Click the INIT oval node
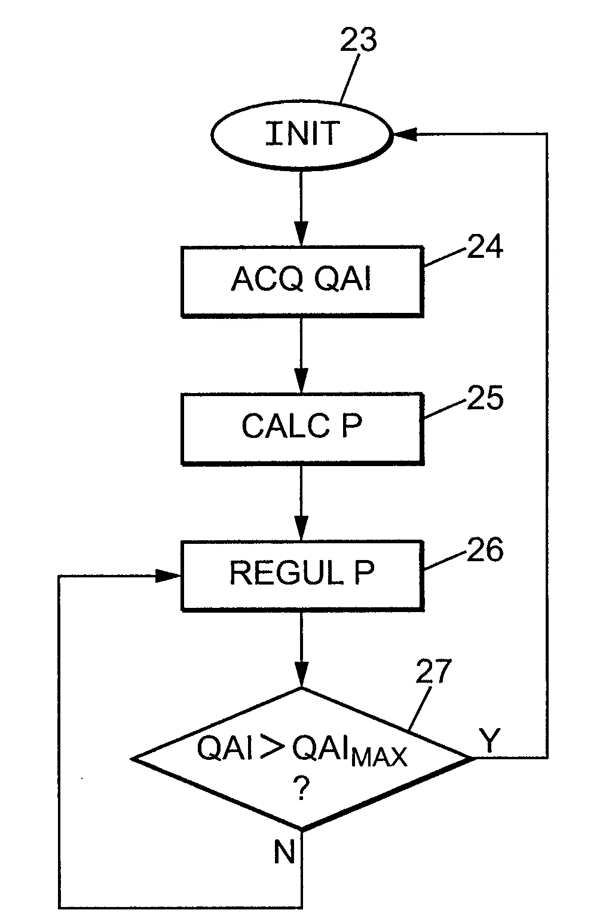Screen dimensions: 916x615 [302, 134]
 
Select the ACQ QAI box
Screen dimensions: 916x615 [302, 280]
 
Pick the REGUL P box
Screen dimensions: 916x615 [302, 574]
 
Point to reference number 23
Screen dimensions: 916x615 [359, 41]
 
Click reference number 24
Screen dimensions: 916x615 [485, 247]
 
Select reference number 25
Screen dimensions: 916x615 [485, 398]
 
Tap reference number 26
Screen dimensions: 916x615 [485, 550]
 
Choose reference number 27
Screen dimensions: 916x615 [434, 672]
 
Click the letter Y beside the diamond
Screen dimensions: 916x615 [489, 741]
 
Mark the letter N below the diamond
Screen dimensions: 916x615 [284, 852]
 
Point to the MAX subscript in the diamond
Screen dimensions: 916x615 [379, 757]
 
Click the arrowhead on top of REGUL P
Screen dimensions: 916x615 [301, 530]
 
